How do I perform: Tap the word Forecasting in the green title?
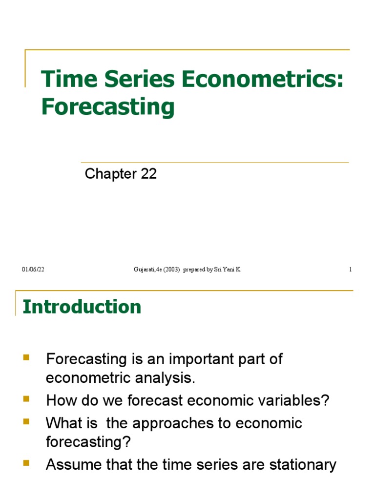tap(108, 106)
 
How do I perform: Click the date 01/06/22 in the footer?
tap(33, 270)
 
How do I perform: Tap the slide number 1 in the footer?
tap(350, 270)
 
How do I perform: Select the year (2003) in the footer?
tap(169, 270)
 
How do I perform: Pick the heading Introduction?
tap(82, 307)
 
